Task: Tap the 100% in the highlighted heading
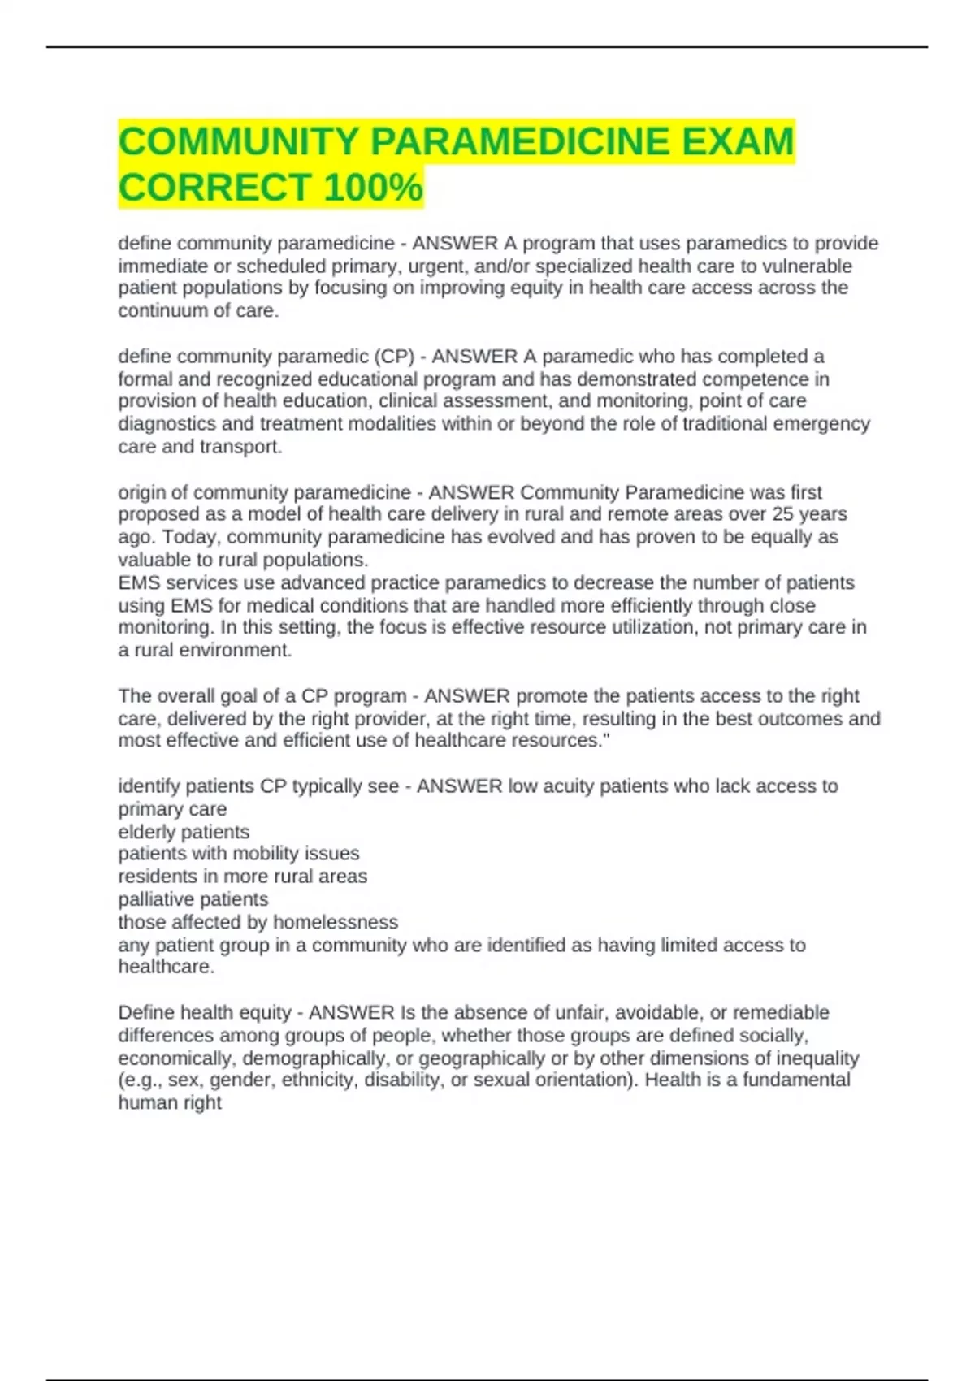pos(373,188)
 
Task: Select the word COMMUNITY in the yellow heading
pos(239,141)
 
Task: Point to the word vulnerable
pos(808,266)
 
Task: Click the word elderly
pos(149,832)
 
